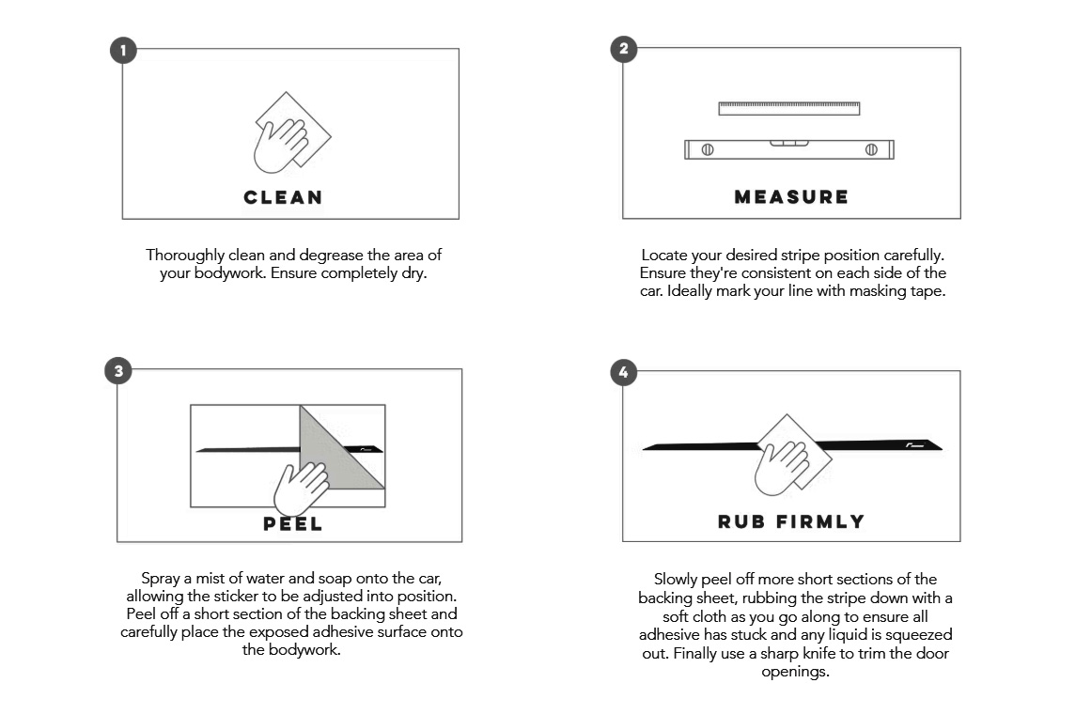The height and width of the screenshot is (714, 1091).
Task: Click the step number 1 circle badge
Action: click(123, 50)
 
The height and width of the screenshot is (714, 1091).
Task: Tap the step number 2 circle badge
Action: click(623, 49)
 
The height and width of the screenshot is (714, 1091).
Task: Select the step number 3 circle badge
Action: click(118, 371)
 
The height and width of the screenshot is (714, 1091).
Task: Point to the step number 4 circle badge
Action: click(623, 372)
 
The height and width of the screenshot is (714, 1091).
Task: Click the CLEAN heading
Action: click(283, 197)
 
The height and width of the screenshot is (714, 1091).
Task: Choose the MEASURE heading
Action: click(791, 197)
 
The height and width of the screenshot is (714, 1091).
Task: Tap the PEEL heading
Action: click(293, 524)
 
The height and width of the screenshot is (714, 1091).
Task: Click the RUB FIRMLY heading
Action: click(791, 522)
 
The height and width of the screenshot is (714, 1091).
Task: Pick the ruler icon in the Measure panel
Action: click(789, 108)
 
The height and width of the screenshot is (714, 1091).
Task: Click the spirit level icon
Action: click(789, 149)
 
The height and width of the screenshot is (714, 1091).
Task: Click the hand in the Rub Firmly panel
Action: click(781, 468)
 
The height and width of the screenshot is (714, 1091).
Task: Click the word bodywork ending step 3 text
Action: click(304, 650)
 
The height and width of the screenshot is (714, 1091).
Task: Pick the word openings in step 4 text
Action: click(795, 673)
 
